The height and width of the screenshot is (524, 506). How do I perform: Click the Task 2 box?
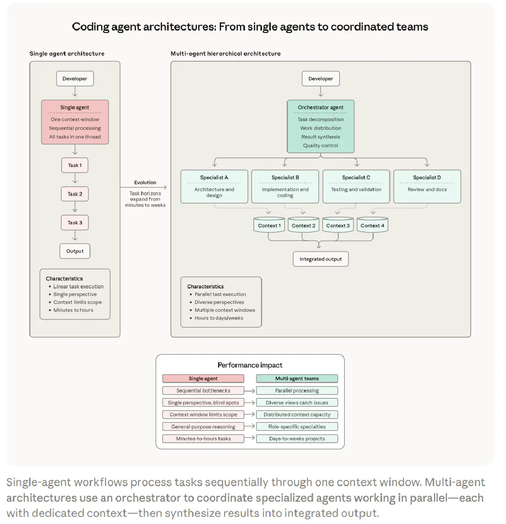(x=75, y=194)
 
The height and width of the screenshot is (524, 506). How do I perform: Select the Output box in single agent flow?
(x=75, y=251)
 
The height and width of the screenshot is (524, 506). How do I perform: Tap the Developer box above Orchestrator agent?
(x=320, y=78)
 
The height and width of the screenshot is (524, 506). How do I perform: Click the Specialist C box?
(x=356, y=186)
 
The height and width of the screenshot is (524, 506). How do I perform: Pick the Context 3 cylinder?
(x=338, y=225)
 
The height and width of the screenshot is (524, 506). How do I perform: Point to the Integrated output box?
(x=320, y=259)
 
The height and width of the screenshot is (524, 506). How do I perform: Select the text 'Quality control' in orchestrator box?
(x=320, y=145)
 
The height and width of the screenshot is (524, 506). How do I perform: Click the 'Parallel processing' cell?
(x=297, y=390)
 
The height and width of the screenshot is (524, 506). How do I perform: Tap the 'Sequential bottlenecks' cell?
(x=203, y=390)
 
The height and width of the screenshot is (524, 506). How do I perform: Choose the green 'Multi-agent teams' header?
(x=297, y=379)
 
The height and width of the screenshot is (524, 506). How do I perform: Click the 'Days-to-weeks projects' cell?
(x=297, y=438)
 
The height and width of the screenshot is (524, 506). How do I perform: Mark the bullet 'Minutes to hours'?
(x=73, y=310)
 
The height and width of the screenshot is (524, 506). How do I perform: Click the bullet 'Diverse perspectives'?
(x=219, y=302)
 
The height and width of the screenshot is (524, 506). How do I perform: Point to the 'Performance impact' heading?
(x=250, y=365)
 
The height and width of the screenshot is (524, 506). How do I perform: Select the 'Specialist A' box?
(x=214, y=186)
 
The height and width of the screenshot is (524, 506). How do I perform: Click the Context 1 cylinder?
(x=269, y=225)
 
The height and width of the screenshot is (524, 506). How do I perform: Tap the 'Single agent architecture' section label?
(x=67, y=54)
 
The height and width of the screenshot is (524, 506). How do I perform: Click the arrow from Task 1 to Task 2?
(x=75, y=180)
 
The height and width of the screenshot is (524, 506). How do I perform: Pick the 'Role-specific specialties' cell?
(x=297, y=427)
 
